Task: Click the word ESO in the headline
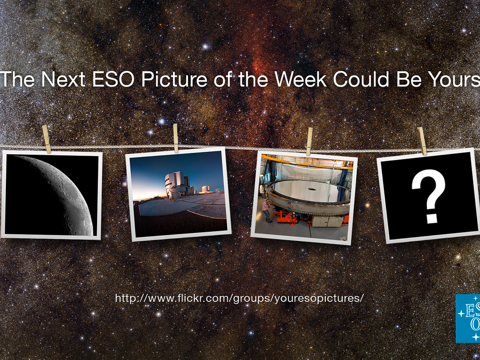click(x=113, y=79)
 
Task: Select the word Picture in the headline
click(x=174, y=79)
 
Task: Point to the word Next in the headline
click(x=63, y=79)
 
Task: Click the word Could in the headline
click(x=361, y=79)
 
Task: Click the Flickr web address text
click(x=240, y=298)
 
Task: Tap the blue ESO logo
click(x=468, y=318)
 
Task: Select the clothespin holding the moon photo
click(x=46, y=139)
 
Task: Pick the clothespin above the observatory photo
click(x=176, y=138)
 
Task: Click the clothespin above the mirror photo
click(x=309, y=142)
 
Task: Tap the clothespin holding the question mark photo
click(x=422, y=141)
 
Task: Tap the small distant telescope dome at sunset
click(x=205, y=189)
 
